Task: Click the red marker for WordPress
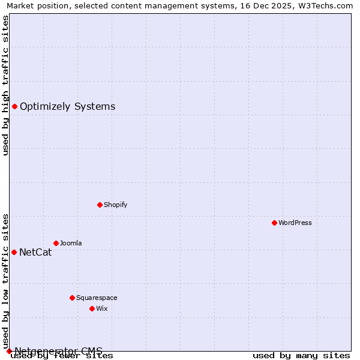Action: tap(274, 223)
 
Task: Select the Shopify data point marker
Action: tap(100, 205)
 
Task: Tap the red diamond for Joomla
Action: tap(56, 243)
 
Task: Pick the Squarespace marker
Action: tap(72, 298)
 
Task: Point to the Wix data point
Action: tap(92, 308)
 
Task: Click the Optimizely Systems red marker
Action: tap(14, 107)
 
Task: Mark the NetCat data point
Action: tap(14, 252)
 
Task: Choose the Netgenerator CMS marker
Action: tap(9, 351)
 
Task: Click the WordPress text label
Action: tap(295, 223)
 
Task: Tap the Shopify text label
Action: tap(116, 205)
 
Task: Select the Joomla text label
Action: tap(71, 243)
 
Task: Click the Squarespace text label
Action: tap(97, 298)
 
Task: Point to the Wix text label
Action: tap(101, 308)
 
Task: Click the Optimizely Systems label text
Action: tap(67, 107)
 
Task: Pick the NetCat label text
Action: tap(35, 252)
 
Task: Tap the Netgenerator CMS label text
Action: tap(58, 351)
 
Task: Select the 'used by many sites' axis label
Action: tap(301, 356)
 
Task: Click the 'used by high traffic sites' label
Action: tap(6, 85)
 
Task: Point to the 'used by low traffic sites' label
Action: tap(6, 281)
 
